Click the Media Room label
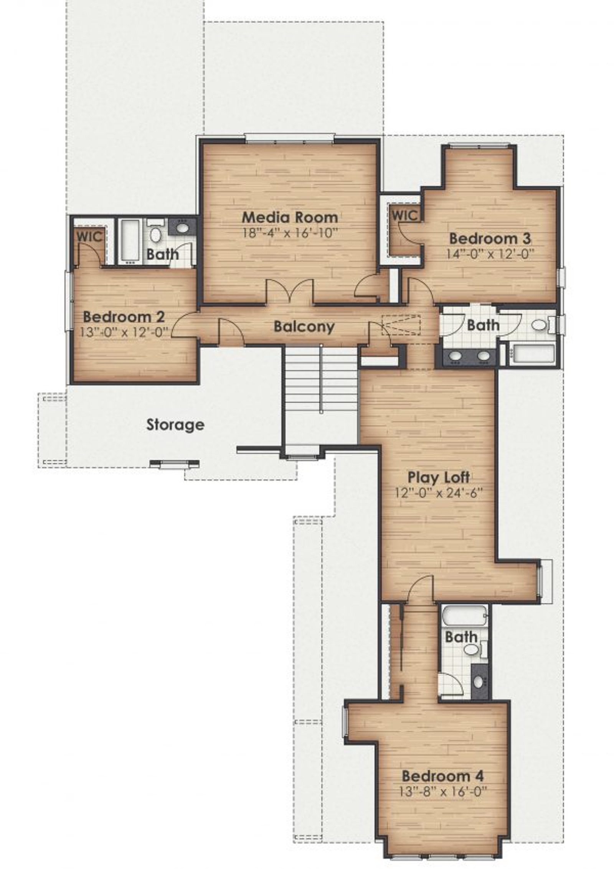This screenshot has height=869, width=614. pyautogui.click(x=290, y=217)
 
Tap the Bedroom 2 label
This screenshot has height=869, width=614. pyautogui.click(x=124, y=317)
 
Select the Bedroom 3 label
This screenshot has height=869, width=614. pyautogui.click(x=490, y=238)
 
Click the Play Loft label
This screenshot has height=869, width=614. pyautogui.click(x=438, y=477)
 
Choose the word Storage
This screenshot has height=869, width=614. pyautogui.click(x=175, y=425)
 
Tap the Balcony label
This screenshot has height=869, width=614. pyautogui.click(x=304, y=327)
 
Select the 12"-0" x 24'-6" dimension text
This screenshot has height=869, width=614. pyautogui.click(x=438, y=492)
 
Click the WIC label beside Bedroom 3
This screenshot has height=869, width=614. pyautogui.click(x=405, y=215)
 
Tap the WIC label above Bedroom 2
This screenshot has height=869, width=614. pyautogui.click(x=90, y=237)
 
